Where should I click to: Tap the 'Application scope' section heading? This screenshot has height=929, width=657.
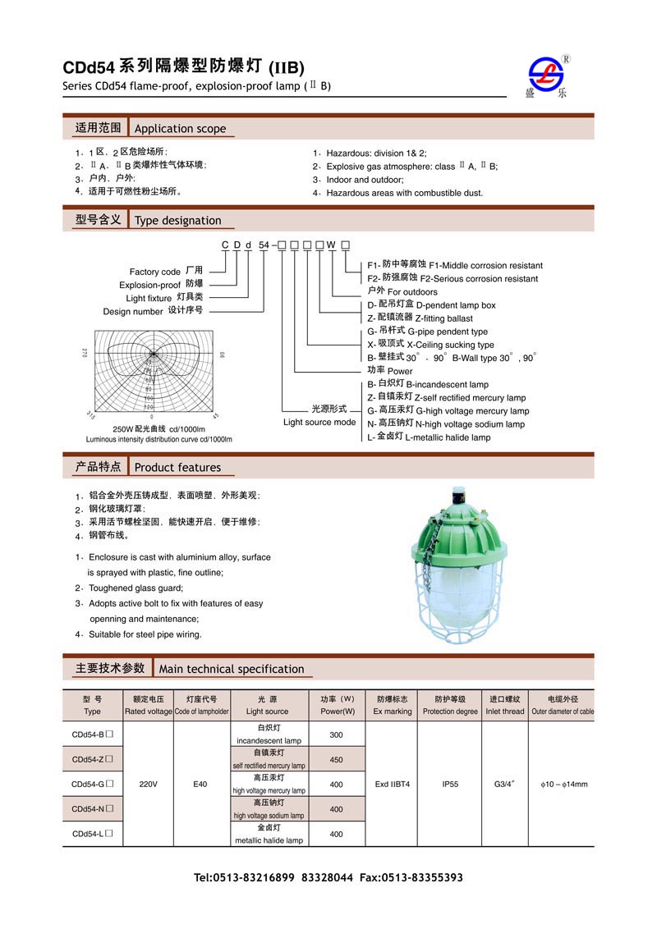point(180,128)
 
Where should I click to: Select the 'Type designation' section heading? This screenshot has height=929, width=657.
point(177,220)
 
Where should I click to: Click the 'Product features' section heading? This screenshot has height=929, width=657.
point(177,467)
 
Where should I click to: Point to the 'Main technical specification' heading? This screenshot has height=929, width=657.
point(232,669)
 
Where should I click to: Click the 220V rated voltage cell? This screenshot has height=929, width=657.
point(148,785)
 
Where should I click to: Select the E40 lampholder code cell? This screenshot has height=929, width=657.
point(200,785)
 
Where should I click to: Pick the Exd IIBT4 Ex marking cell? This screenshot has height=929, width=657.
point(393,785)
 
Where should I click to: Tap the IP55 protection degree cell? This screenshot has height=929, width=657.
point(449,785)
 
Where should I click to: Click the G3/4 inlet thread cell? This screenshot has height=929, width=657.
point(504,785)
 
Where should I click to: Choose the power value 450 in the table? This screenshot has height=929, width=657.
point(336,759)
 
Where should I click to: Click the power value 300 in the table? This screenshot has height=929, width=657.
point(336,735)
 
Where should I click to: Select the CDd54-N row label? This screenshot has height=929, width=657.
point(92,809)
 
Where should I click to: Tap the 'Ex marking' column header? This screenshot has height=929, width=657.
point(393,712)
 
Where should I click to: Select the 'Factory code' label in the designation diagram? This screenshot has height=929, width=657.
point(155,272)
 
